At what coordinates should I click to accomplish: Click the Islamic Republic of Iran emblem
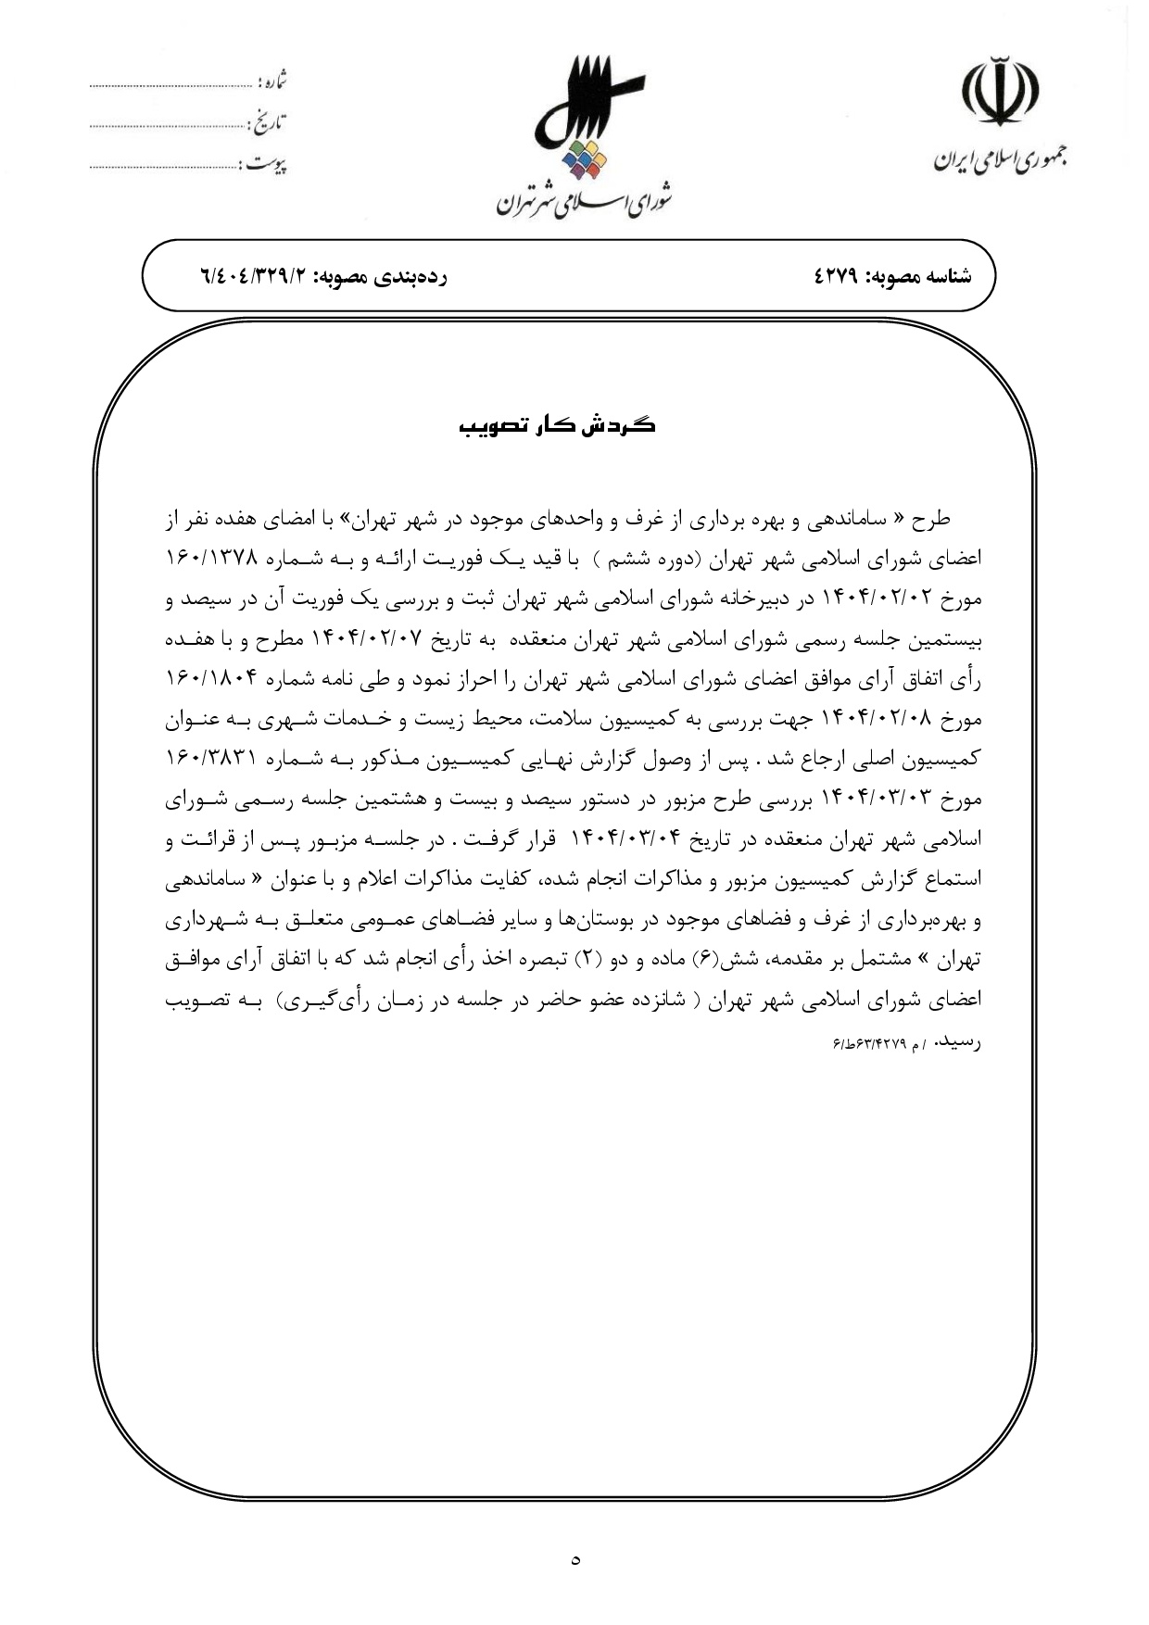(x=999, y=90)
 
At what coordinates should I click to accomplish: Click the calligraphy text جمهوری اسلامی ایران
(x=999, y=157)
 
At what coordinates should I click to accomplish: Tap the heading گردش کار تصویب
(x=557, y=426)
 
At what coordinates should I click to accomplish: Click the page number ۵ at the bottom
(x=575, y=1560)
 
